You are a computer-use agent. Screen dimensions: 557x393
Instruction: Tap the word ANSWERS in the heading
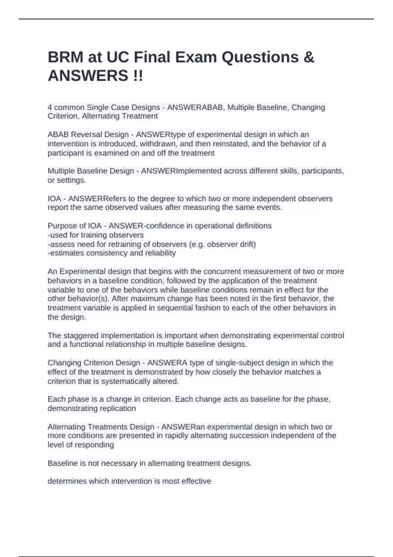[x=88, y=76]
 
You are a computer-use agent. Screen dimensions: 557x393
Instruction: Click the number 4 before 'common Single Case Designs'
[x=50, y=107]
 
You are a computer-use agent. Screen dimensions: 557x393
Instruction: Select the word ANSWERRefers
[x=94, y=199]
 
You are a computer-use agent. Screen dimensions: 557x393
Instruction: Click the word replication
[x=119, y=409]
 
